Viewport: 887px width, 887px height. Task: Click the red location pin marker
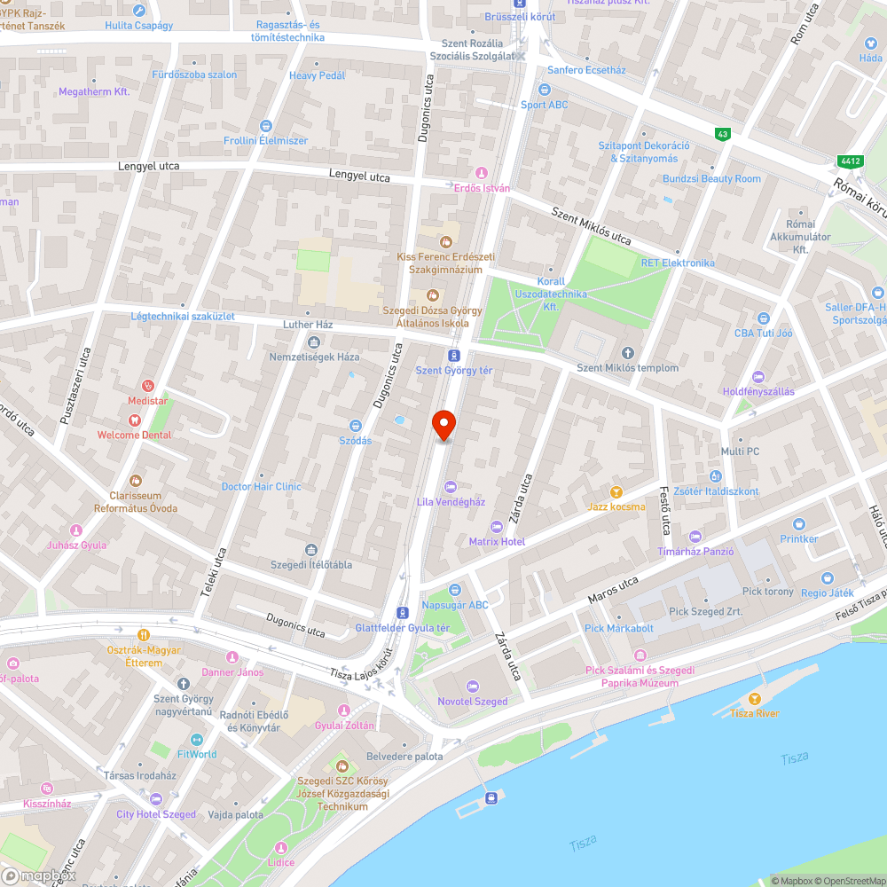point(443,426)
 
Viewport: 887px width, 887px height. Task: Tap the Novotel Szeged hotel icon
point(472,686)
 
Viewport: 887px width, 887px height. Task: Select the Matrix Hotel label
point(496,541)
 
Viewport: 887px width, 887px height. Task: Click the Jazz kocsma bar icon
point(616,491)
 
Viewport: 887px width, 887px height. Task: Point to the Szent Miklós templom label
point(627,368)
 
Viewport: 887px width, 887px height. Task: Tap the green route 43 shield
point(723,134)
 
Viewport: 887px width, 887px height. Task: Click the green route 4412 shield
point(849,161)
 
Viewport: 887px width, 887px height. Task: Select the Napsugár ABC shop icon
point(455,590)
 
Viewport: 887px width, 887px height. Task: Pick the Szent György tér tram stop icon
point(454,355)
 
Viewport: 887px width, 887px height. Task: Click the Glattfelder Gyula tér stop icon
point(403,612)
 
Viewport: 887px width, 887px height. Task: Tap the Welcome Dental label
point(134,435)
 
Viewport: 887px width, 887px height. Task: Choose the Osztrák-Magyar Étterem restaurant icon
point(143,635)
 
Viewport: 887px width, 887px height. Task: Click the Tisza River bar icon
point(755,699)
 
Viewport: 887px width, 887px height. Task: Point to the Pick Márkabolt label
point(619,628)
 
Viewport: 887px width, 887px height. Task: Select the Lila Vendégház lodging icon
point(451,486)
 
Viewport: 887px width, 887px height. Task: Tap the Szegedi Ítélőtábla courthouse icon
point(310,550)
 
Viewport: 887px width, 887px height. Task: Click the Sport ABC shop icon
point(545,90)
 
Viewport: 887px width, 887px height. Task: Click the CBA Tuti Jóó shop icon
point(763,318)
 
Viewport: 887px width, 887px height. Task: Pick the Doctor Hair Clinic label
point(261,486)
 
